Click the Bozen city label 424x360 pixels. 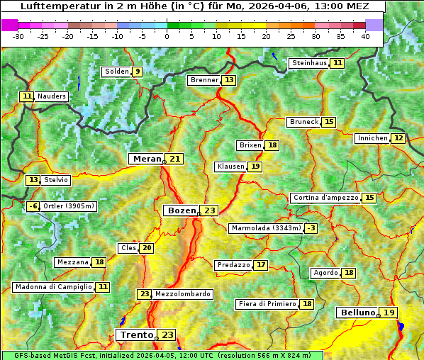click(181, 210)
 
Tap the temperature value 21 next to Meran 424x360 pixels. click(174, 159)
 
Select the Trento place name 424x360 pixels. click(137, 334)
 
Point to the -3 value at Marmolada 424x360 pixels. click(311, 228)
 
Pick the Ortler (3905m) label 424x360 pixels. click(69, 206)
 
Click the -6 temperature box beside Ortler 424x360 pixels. click(33, 206)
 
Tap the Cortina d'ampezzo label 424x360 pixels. click(325, 198)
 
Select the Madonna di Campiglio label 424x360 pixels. click(52, 287)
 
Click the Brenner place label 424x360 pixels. click(205, 80)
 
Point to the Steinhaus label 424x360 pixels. click(310, 63)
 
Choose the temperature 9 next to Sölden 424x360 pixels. click(137, 71)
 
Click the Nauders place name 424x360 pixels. click(52, 96)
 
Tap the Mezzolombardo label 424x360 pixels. click(182, 294)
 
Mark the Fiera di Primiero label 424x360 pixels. click(267, 304)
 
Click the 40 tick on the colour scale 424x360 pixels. click(365, 35)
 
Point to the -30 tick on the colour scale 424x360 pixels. click(18, 35)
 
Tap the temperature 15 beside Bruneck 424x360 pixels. click(329, 122)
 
